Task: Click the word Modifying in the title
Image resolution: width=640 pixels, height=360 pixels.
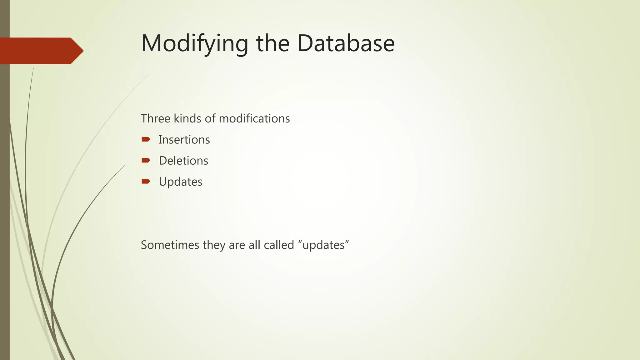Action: pyautogui.click(x=195, y=44)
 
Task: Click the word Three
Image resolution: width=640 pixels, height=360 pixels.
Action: pyautogui.click(x=155, y=119)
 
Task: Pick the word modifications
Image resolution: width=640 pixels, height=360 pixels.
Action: pyautogui.click(x=254, y=119)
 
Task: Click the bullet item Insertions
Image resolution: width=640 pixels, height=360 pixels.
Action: pyautogui.click(x=184, y=140)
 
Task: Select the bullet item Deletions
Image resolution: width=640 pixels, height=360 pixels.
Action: pyautogui.click(x=183, y=161)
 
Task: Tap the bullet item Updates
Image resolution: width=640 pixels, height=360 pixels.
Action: pyautogui.click(x=181, y=182)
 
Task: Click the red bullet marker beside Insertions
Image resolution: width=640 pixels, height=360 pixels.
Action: pyautogui.click(x=146, y=139)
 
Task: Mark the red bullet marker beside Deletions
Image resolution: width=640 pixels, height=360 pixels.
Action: pyautogui.click(x=146, y=160)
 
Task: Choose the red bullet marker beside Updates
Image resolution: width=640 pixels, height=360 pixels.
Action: pyautogui.click(x=146, y=181)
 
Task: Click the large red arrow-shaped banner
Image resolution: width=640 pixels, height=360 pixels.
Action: pyautogui.click(x=41, y=51)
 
